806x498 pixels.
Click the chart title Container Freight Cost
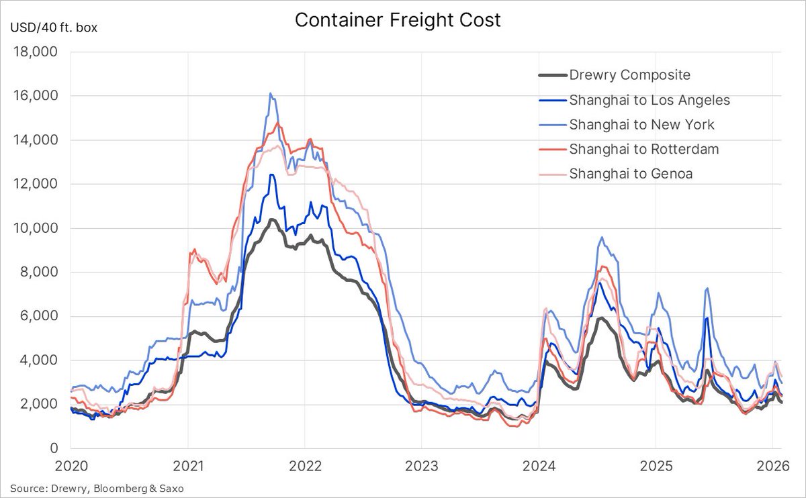pyautogui.click(x=398, y=20)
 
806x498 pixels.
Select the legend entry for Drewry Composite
pyautogui.click(x=629, y=75)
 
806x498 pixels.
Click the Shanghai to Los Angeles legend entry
pyautogui.click(x=650, y=100)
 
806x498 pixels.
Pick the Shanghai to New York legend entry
pyautogui.click(x=641, y=124)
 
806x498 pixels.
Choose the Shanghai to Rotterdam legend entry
pyautogui.click(x=643, y=149)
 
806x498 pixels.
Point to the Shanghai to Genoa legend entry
pyautogui.click(x=631, y=173)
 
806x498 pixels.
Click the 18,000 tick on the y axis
pyautogui.click(x=38, y=52)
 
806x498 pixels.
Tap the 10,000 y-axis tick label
pyautogui.click(x=38, y=228)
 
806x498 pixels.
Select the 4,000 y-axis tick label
pyautogui.click(x=41, y=360)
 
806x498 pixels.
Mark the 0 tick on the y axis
pyautogui.click(x=54, y=448)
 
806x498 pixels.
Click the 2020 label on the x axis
pyautogui.click(x=71, y=464)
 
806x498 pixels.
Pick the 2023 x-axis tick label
pyautogui.click(x=421, y=464)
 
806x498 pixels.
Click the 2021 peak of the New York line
pyautogui.click(x=270, y=94)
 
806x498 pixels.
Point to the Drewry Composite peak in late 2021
pyautogui.click(x=271, y=220)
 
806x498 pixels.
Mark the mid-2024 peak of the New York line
pyautogui.click(x=602, y=238)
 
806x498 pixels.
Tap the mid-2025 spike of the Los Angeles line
pyautogui.click(x=707, y=318)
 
